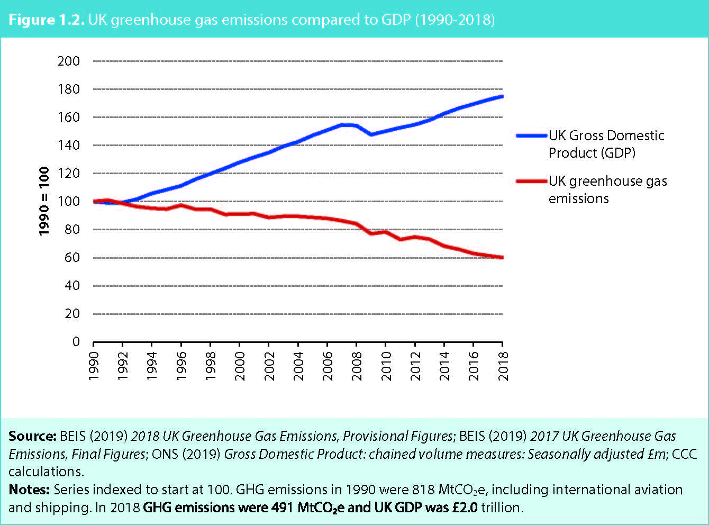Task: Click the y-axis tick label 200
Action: pyautogui.click(x=69, y=61)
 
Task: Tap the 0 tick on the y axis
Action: pyautogui.click(x=76, y=342)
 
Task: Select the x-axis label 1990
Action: pyautogui.click(x=94, y=366)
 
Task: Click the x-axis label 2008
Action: pyautogui.click(x=357, y=366)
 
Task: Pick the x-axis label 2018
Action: pyautogui.click(x=503, y=366)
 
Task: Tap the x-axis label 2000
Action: pyautogui.click(x=240, y=366)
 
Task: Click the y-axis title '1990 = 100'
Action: pyautogui.click(x=44, y=201)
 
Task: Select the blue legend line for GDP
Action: pyautogui.click(x=531, y=136)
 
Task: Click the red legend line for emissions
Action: pyautogui.click(x=531, y=182)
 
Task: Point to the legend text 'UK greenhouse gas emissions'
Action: pyautogui.click(x=607, y=189)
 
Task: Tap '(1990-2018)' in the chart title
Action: pyautogui.click(x=455, y=20)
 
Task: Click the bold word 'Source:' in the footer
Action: pyautogui.click(x=32, y=436)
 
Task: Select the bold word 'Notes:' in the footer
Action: pyautogui.click(x=29, y=490)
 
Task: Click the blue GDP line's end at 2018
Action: pyautogui.click(x=502, y=96)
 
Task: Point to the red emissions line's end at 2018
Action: pyautogui.click(x=502, y=258)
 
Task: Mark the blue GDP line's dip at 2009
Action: pyautogui.click(x=371, y=134)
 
